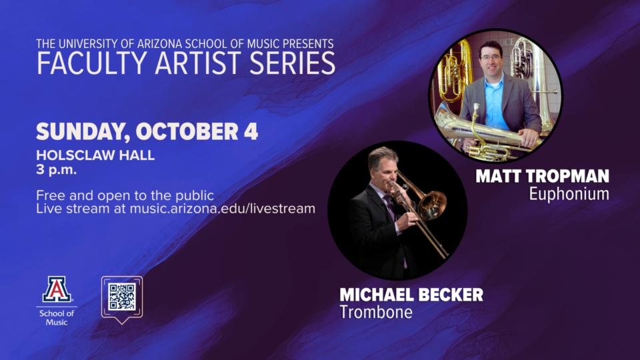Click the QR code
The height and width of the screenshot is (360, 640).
pos(122,297)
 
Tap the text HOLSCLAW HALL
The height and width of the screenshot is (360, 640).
pos(95,155)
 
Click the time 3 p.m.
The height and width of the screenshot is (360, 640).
pos(56,169)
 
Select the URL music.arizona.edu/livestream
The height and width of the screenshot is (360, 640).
pos(223,209)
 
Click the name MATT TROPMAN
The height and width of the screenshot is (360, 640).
pos(543,176)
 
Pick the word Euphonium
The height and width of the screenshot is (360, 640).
pos(569,194)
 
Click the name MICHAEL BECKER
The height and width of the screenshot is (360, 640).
pos(411,295)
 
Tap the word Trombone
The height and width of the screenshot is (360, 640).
pos(376,312)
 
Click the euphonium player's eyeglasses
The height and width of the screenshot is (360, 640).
pos(491,58)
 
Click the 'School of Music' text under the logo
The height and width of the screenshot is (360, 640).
pos(56,317)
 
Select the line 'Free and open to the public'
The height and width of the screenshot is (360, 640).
pos(125,195)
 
